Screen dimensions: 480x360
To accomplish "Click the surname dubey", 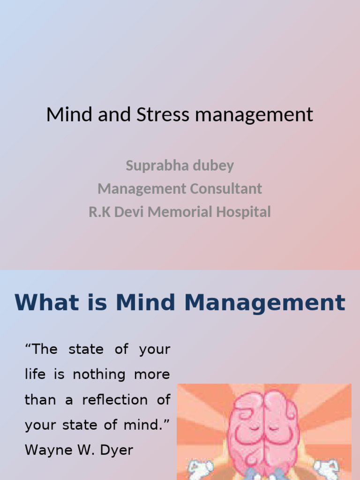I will (x=214, y=165).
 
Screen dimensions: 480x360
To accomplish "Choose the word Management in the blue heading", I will (x=264, y=303).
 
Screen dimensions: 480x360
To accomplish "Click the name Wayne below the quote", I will (x=46, y=450).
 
